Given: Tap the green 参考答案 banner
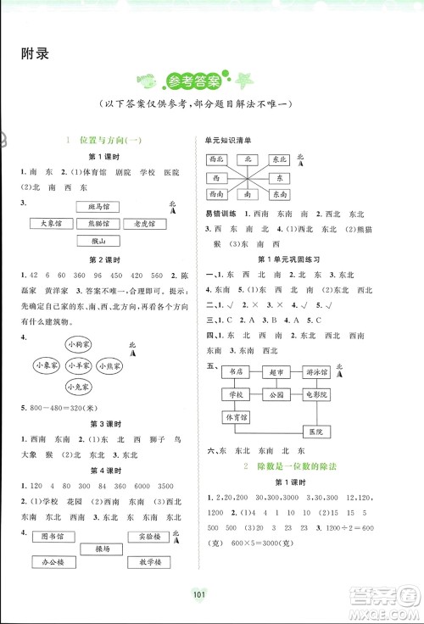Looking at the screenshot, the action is [x=194, y=81].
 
